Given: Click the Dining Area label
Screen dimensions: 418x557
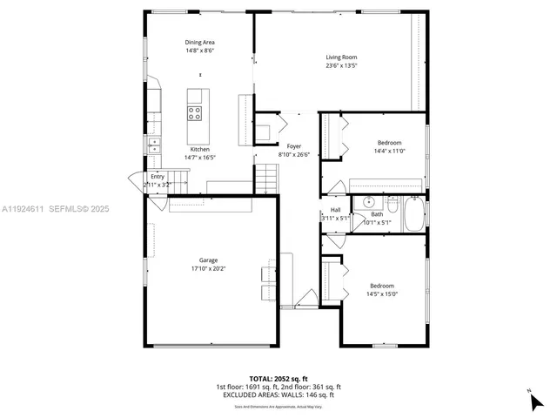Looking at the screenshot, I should point(199,43).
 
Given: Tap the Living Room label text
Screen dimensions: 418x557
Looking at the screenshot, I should point(341,57).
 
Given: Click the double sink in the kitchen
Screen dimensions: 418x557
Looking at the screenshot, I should point(154,145).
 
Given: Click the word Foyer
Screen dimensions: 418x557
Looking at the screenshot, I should point(293,146).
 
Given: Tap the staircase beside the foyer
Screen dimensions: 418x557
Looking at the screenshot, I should point(265,179).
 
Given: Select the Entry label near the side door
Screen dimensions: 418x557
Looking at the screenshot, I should point(157,177).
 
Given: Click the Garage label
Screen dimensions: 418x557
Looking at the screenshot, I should point(208,260).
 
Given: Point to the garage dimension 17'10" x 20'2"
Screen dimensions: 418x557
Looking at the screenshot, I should point(208,268).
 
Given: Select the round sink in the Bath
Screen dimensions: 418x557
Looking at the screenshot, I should point(360,204).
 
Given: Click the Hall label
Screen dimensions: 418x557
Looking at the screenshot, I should point(335,210).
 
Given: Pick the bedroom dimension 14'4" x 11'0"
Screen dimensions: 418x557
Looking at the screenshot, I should point(389,152).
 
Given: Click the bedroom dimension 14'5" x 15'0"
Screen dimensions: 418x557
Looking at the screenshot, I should point(382,294).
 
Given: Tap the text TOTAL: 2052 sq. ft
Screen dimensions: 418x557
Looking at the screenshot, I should point(278,379).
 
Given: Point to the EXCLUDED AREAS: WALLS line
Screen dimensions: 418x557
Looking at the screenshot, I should point(278,394).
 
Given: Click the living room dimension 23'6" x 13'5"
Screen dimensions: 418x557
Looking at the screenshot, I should point(341,65).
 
